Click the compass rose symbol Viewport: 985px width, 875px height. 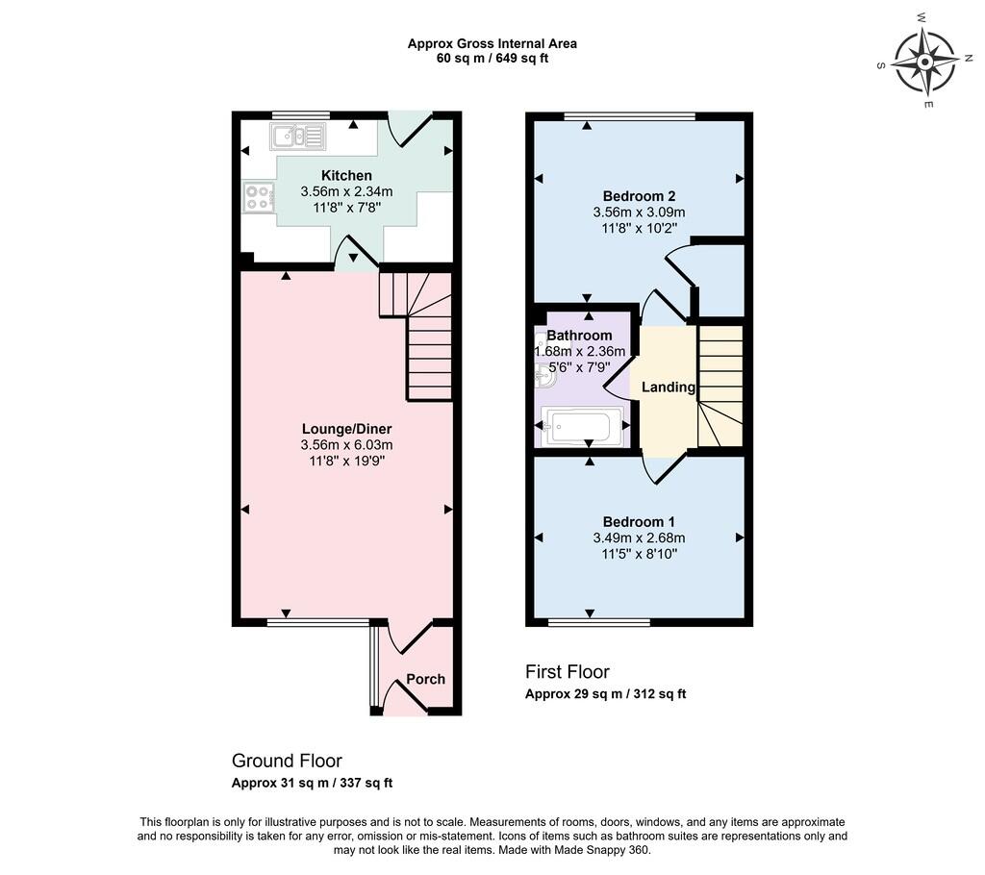click(x=924, y=62)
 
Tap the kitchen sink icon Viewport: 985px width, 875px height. click(x=298, y=137)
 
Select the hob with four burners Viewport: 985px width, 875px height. click(x=259, y=196)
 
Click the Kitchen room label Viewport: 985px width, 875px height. click(x=346, y=175)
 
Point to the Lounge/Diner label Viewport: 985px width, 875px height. click(x=346, y=429)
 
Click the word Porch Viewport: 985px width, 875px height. click(x=425, y=679)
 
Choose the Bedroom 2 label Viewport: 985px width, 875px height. click(x=639, y=196)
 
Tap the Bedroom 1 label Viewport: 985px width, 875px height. click(x=639, y=522)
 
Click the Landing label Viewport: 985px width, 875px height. click(x=669, y=387)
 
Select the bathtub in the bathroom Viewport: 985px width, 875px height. click(x=582, y=427)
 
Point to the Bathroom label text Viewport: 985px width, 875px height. click(x=579, y=336)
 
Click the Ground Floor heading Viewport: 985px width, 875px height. click(x=287, y=761)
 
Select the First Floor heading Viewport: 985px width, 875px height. click(x=568, y=672)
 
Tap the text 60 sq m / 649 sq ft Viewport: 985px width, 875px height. click(x=492, y=59)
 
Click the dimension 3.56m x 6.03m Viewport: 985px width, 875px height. click(x=346, y=445)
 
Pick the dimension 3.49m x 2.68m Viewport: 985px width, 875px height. click(x=639, y=538)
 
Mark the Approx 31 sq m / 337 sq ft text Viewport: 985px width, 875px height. click(x=313, y=784)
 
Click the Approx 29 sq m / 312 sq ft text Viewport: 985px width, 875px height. click(x=606, y=694)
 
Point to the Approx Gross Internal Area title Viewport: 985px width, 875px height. click(x=492, y=44)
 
